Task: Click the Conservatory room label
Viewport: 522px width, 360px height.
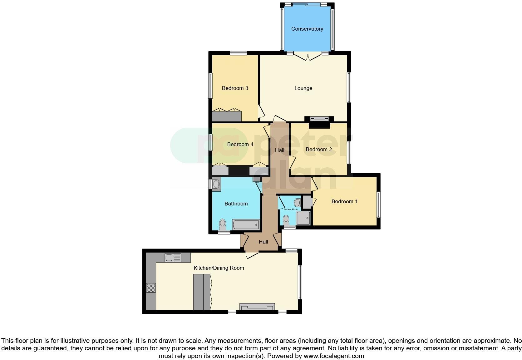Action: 307,29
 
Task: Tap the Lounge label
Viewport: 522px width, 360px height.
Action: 303,88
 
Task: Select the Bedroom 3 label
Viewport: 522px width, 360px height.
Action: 235,88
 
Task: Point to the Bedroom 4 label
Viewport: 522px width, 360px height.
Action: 240,144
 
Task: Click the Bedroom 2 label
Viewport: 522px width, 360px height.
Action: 319,149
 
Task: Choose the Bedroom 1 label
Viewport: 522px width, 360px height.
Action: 344,201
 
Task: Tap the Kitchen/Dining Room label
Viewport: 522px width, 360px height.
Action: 219,268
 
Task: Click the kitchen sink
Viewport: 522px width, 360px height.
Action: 173,258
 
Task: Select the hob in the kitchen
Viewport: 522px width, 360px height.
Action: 151,288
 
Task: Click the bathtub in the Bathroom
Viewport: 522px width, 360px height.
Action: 246,224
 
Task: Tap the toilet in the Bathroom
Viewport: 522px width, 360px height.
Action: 223,224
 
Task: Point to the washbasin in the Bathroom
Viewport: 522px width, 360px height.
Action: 216,184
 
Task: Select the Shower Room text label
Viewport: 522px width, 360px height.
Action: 291,209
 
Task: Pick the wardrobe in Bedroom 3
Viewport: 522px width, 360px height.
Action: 227,116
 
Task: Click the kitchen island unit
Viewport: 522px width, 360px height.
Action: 202,292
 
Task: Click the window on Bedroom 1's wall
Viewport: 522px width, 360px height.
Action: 378,205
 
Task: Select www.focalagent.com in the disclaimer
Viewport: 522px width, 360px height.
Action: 334,356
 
